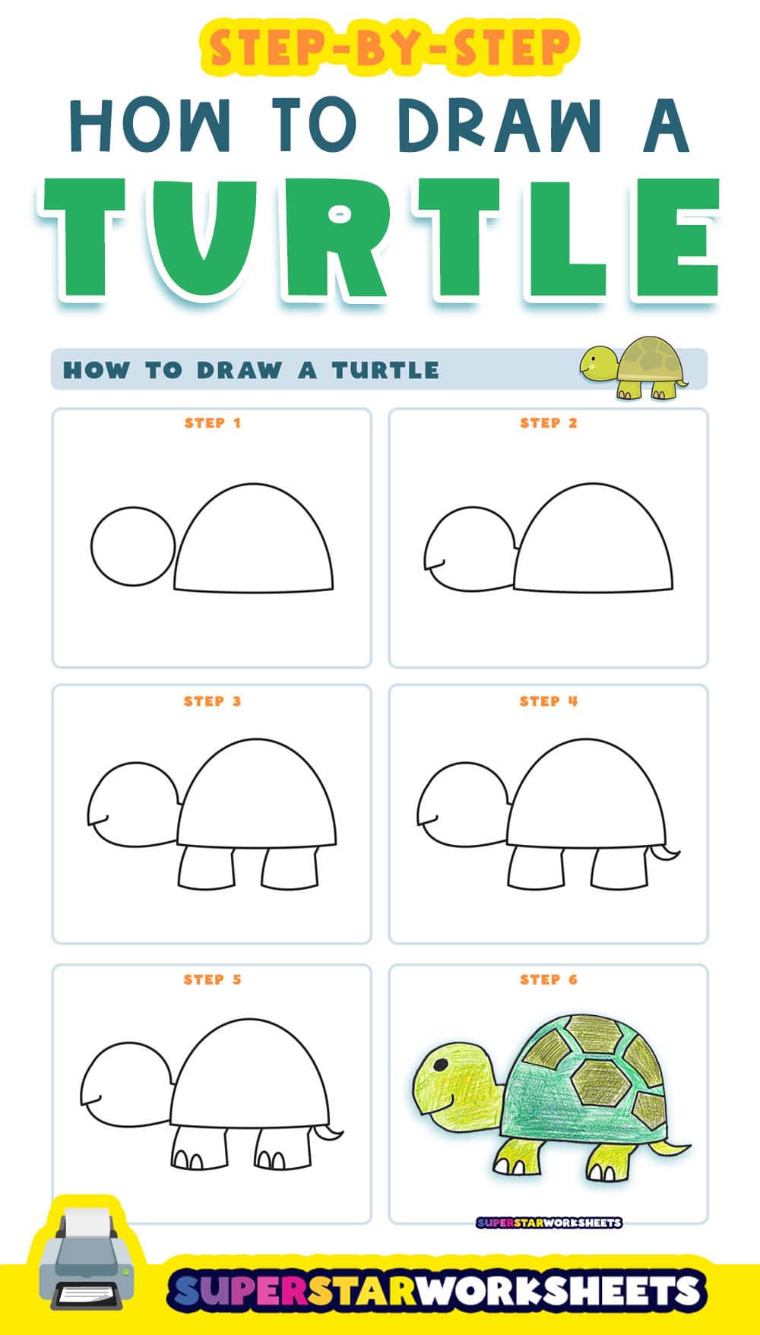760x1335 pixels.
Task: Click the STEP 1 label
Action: click(212, 423)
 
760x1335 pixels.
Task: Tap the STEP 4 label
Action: click(549, 701)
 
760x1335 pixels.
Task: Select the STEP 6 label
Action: click(549, 979)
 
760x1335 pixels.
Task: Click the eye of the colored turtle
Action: click(440, 1065)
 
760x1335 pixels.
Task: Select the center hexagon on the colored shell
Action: click(599, 1082)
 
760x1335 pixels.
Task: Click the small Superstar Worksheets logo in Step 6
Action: click(549, 1223)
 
